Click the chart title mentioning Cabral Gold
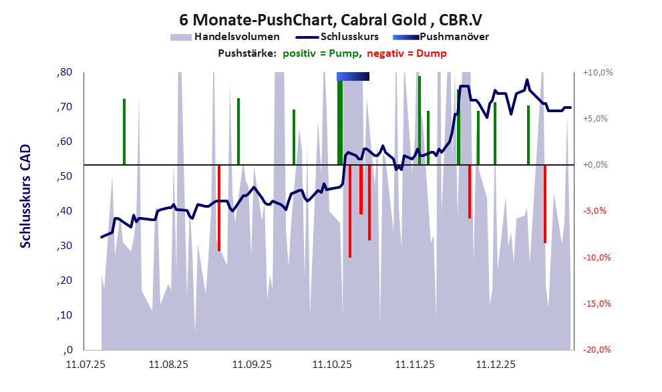tap(331, 18)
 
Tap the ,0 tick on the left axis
tap(67, 350)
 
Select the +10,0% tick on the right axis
tap(597, 72)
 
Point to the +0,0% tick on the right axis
tap(597, 165)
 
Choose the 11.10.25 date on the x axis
tap(333, 365)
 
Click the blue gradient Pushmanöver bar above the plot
tap(353, 76)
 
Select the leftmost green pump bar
tap(124, 131)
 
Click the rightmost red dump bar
tap(545, 204)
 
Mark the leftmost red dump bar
tap(219, 207)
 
